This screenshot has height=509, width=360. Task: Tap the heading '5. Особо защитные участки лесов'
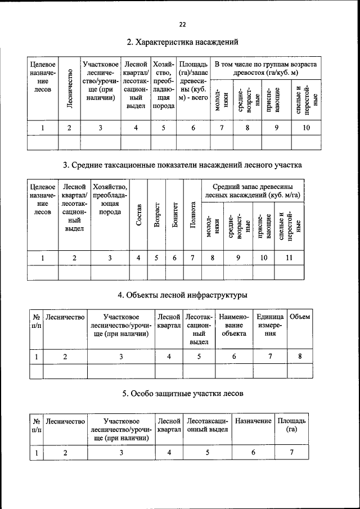click(183, 395)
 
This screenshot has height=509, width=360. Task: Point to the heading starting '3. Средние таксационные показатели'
click(183, 165)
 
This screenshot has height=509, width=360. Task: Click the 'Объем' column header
click(299, 317)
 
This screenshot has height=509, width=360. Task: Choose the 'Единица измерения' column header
click(271, 325)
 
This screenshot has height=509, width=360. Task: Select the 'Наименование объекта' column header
click(234, 325)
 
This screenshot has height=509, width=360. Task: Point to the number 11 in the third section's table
click(289, 258)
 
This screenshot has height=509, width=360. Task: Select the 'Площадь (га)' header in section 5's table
click(291, 425)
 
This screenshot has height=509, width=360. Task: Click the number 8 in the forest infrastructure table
click(300, 356)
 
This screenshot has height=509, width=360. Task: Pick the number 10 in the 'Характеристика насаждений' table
click(306, 128)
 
